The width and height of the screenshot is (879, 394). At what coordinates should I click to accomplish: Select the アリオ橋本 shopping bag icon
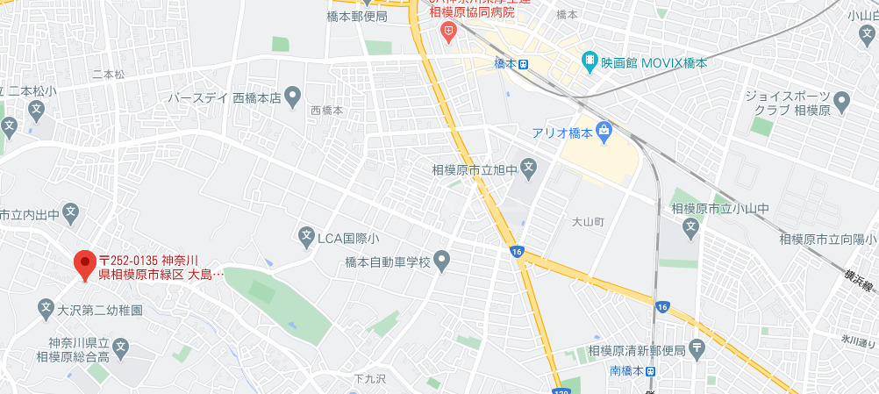(604, 132)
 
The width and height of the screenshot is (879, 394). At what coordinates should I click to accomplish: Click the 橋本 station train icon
(524, 63)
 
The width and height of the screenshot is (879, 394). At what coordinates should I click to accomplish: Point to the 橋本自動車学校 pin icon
(442, 261)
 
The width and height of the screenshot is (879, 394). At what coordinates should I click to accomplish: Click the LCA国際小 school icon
(306, 236)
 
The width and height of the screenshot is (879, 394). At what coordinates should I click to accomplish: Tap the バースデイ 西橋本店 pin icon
(293, 97)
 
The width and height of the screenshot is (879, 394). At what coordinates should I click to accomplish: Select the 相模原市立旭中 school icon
(528, 167)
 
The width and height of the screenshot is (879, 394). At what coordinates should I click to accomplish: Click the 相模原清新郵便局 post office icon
(697, 349)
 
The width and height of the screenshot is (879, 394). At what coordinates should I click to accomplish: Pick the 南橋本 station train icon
(649, 370)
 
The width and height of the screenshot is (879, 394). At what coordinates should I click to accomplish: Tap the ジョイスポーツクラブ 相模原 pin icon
(842, 103)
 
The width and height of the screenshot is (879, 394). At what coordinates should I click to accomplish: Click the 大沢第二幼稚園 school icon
(46, 308)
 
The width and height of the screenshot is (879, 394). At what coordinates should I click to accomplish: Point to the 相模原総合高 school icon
(120, 348)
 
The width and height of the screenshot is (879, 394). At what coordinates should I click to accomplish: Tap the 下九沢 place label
(371, 379)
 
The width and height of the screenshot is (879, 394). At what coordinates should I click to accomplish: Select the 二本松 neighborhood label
(109, 74)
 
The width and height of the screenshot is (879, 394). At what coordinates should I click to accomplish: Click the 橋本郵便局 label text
(357, 16)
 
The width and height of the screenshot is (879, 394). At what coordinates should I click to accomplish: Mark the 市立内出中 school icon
(70, 212)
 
